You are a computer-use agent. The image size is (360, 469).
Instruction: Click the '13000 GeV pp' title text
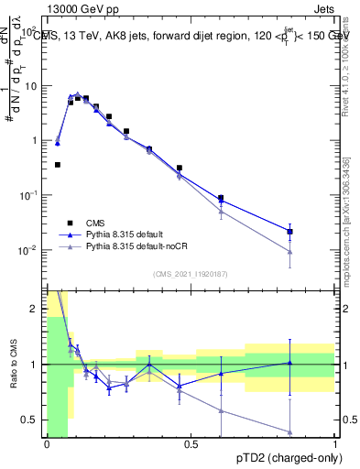85,7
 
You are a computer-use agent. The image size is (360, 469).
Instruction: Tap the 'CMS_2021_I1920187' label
191,274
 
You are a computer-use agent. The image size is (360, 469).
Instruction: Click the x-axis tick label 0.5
191,444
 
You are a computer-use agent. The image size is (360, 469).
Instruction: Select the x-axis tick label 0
47,444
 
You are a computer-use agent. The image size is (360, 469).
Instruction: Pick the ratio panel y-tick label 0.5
31,420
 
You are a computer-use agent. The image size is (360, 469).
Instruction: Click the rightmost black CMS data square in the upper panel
289,232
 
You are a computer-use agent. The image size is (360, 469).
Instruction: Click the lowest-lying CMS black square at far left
58,165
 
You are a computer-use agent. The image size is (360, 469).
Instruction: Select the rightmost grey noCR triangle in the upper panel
289,251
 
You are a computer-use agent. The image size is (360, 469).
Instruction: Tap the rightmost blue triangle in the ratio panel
289,363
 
